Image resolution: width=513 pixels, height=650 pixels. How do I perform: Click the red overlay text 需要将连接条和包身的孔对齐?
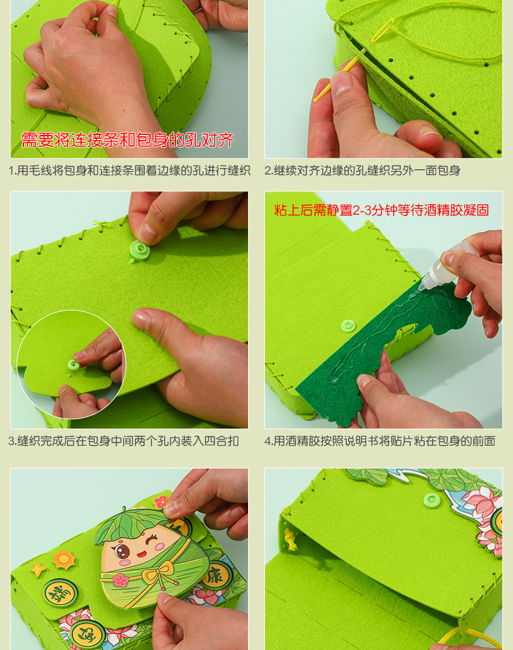(x=127, y=140)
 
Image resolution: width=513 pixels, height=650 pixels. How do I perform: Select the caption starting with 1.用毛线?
(x=129, y=171)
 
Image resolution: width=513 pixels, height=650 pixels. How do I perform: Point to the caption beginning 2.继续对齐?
(x=362, y=171)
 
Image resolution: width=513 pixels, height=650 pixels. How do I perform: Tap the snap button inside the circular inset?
(x=73, y=365)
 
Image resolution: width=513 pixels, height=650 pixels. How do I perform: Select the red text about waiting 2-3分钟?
(x=381, y=210)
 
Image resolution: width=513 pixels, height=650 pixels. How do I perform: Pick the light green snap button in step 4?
(x=348, y=326)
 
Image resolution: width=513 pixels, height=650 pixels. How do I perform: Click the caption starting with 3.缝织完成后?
(x=123, y=441)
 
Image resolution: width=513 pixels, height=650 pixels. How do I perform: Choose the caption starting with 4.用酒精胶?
(x=380, y=441)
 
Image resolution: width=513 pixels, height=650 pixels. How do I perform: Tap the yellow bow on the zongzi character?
(x=158, y=573)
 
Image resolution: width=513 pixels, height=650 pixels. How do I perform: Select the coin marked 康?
(x=216, y=575)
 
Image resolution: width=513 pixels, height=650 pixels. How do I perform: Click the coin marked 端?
(x=61, y=594)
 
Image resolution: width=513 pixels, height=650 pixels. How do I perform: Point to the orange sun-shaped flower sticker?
(x=64, y=559)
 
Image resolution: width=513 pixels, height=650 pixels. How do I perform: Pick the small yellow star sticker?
(x=38, y=569)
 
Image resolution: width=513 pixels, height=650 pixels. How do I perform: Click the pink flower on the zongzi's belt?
(x=121, y=579)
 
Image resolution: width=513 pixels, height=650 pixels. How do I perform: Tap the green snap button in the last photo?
(x=432, y=500)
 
